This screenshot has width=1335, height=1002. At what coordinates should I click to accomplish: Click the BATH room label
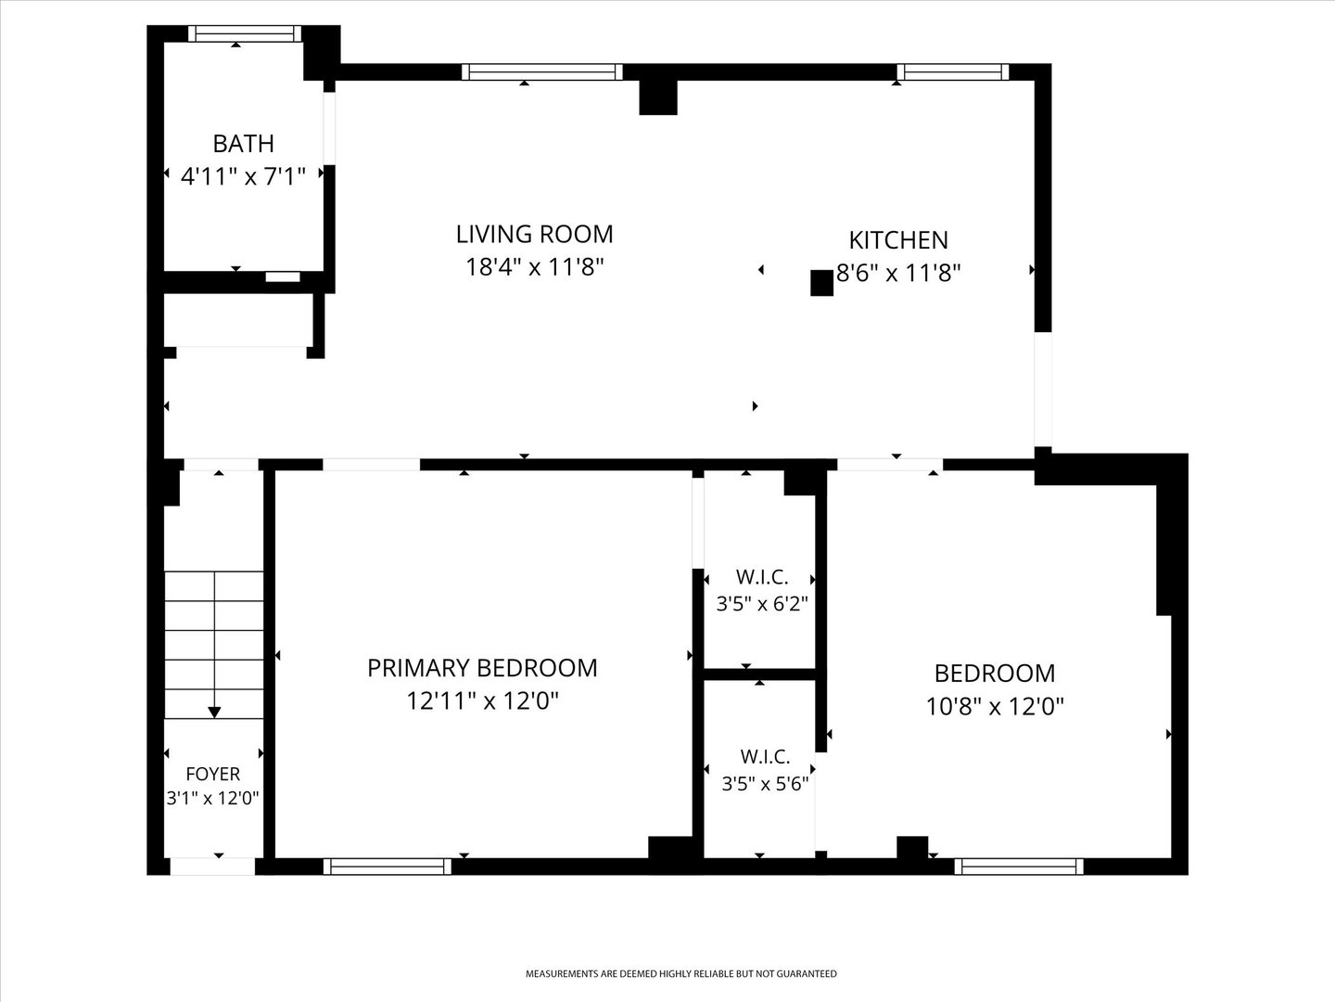(x=243, y=144)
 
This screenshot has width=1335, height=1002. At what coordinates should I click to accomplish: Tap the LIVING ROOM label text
(x=535, y=234)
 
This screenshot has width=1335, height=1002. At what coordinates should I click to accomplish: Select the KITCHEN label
(x=898, y=240)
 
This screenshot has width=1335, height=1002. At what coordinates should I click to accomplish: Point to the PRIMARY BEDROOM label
(x=482, y=668)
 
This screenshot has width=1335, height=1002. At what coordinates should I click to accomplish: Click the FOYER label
(x=213, y=774)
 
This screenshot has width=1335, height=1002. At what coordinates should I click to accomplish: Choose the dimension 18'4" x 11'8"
(x=535, y=266)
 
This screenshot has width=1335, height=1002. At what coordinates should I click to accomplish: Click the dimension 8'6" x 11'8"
(x=898, y=273)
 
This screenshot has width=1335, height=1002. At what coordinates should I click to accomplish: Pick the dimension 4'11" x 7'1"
(x=243, y=176)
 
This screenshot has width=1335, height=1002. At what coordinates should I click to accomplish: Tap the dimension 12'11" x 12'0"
(x=482, y=700)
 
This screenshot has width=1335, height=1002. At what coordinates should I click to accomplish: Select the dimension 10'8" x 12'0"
(x=995, y=706)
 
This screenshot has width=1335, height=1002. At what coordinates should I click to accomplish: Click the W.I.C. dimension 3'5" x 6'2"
(x=762, y=603)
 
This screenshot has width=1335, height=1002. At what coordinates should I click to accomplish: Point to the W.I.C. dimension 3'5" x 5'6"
(x=765, y=784)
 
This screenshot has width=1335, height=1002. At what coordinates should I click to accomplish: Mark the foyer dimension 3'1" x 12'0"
(x=213, y=798)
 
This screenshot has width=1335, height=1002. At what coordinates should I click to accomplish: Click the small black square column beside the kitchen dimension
(x=821, y=283)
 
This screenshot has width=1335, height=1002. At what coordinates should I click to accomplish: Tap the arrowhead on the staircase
(x=214, y=713)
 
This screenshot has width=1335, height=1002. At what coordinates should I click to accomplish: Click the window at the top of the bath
(x=245, y=33)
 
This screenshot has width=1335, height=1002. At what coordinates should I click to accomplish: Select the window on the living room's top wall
(x=542, y=71)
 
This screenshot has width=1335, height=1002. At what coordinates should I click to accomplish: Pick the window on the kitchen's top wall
(x=952, y=71)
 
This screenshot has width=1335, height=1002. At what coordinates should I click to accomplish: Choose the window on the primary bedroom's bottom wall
(x=388, y=867)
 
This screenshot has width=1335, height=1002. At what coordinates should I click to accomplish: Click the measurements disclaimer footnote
(x=681, y=974)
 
